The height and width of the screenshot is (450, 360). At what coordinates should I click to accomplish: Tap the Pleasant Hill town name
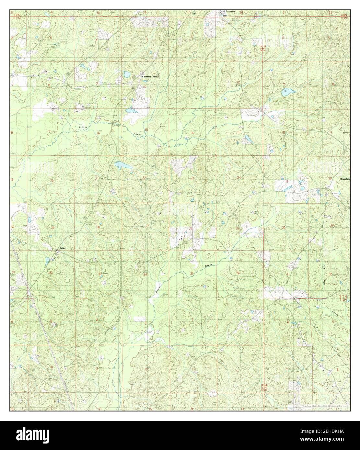[151, 76]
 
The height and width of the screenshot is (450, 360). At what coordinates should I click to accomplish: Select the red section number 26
[191, 229]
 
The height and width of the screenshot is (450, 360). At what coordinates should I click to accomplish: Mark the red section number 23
[192, 178]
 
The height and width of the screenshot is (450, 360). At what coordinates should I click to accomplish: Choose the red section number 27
[147, 226]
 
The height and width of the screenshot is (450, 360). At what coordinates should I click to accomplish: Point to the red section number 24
[239, 177]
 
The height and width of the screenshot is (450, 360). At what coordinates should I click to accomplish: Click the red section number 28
[98, 227]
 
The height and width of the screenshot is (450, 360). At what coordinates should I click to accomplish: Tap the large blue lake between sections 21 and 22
[121, 166]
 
